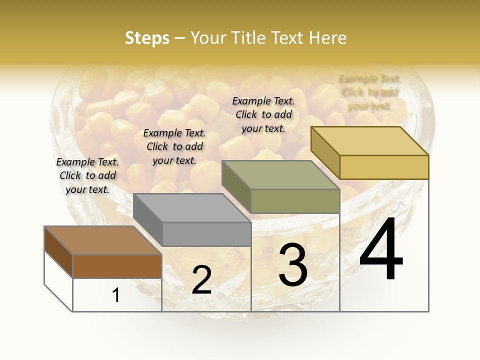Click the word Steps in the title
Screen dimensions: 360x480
[x=147, y=38]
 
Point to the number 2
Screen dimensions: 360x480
[x=201, y=280]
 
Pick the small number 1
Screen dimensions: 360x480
[x=116, y=295]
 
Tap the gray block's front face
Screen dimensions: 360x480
[x=206, y=234]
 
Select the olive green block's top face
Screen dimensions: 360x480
[x=280, y=175]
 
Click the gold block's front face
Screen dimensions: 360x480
[x=384, y=167]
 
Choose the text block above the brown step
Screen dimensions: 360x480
[x=87, y=175]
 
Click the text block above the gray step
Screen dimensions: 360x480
[x=174, y=146]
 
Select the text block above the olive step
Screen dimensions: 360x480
[x=263, y=114]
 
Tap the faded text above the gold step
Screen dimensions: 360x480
[x=369, y=92]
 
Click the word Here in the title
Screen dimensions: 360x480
[x=328, y=38]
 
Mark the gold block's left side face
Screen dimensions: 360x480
[x=325, y=152]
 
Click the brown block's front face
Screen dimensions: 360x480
[x=117, y=266]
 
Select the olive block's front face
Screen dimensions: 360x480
[x=295, y=201]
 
